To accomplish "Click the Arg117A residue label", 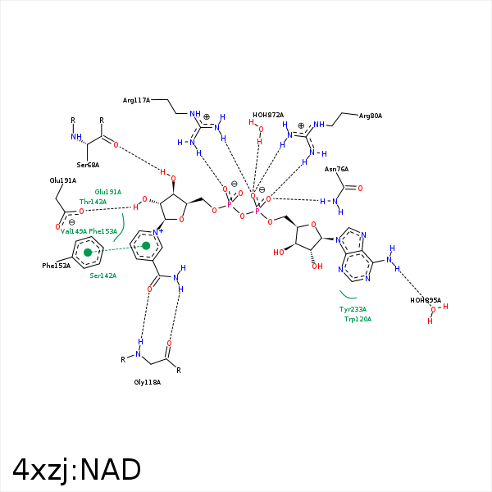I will click(136, 100).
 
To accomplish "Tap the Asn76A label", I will click(336, 169).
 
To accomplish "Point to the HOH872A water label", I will click(268, 115).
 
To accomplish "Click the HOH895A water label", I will click(426, 300).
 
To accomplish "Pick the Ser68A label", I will click(88, 165).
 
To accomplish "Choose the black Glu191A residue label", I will click(62, 180).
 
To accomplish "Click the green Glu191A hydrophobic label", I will click(107, 192).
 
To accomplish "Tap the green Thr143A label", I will click(93, 202).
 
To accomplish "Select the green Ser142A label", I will click(102, 276).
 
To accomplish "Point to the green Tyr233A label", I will click(353, 309).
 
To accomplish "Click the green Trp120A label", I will click(358, 319).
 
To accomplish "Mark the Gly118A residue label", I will click(147, 382).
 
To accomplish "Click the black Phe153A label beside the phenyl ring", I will click(56, 266).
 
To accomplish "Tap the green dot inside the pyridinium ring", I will click(146, 245).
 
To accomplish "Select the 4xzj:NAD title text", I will click(77, 470).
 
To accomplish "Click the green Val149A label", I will click(73, 231).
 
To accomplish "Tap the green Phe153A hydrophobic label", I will click(102, 231).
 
